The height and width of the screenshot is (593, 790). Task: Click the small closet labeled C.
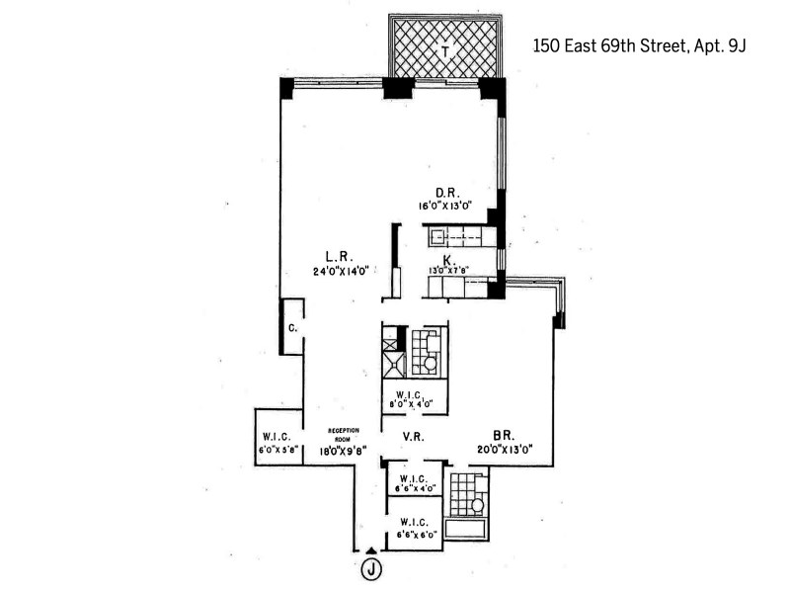293,327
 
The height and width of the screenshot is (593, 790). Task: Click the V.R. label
413,436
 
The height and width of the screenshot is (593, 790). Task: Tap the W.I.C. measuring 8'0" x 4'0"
414,399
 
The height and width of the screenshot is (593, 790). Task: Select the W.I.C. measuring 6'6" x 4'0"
414,483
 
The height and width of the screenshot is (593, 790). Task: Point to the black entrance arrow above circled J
370,550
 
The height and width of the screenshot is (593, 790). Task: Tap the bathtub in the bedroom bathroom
466,529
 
